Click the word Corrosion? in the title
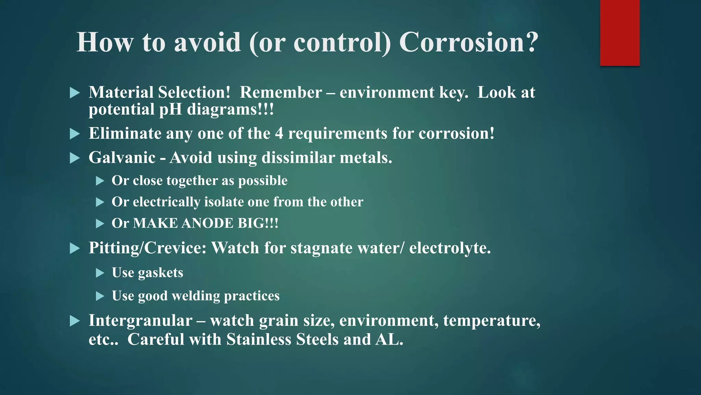469,42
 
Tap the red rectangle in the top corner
620,33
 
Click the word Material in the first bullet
121,93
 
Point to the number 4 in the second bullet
279,133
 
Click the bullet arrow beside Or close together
100,181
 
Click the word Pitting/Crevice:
147,248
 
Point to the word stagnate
321,248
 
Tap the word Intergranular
140,321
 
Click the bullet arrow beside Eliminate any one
75,134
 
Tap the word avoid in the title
207,42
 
